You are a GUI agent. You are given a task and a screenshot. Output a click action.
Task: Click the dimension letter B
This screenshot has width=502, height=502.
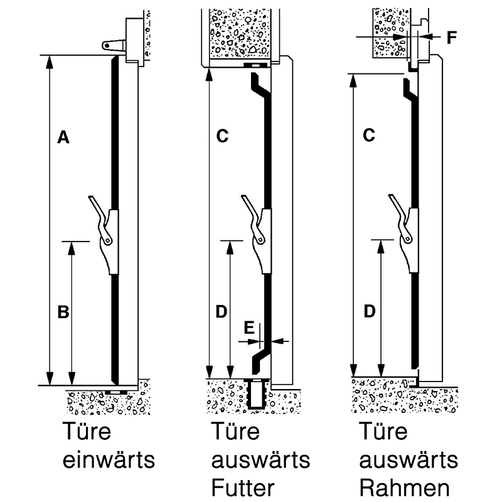coord(63,312)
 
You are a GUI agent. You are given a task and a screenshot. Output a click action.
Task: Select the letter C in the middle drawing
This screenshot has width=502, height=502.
coord(222,136)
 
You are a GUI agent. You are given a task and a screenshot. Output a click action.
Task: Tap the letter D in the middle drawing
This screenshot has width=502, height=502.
coord(222,311)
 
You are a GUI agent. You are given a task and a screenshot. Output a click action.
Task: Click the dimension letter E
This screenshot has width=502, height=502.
coord(249,328)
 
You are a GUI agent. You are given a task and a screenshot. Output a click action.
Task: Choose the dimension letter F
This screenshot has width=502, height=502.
coord(451,38)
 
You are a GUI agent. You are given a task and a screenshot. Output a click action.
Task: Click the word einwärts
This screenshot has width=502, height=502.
coord(108,460)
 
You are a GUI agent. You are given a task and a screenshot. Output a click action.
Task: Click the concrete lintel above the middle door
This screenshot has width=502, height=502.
coord(238,35)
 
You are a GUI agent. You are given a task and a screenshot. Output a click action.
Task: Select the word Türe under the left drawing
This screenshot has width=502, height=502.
coord(85,432)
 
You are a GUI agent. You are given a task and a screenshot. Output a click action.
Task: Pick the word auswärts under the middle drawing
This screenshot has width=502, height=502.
coord(260,460)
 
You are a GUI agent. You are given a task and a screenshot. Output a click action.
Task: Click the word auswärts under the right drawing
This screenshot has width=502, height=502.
coord(409,460)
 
